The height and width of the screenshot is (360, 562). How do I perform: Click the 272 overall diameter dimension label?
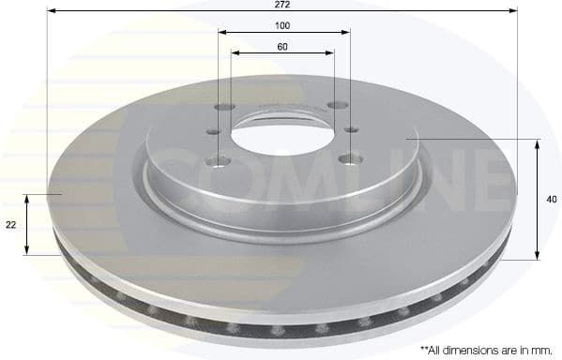[x=281, y=5]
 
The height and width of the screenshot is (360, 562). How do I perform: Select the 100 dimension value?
[x=281, y=26]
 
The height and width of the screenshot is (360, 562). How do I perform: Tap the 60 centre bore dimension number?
[x=281, y=47]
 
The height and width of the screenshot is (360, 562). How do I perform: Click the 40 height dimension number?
[x=551, y=199]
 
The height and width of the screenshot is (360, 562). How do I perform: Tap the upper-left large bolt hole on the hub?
[x=223, y=107]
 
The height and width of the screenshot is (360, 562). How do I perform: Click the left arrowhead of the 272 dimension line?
[x=51, y=10]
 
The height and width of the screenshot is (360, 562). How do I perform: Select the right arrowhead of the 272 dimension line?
[x=513, y=10]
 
